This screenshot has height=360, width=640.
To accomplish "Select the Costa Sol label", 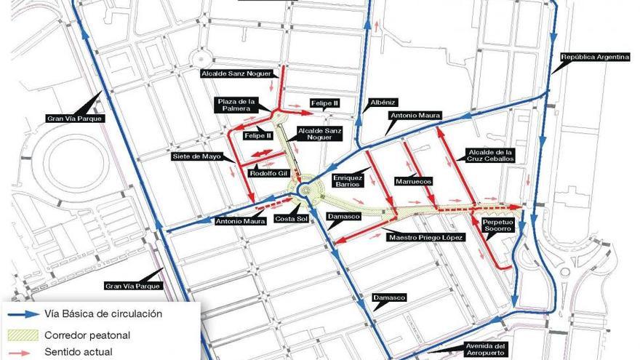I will click(287, 218).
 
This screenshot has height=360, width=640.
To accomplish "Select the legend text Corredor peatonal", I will click(87, 335).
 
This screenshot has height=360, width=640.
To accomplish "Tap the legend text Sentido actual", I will click(79, 353).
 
